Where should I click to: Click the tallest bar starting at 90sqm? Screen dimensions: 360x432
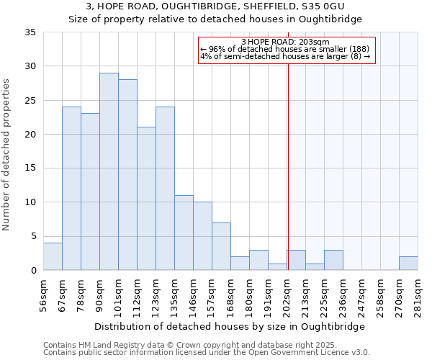109,171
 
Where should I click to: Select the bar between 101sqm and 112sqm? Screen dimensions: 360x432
127,175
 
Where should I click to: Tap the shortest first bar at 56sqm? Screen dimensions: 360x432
53,256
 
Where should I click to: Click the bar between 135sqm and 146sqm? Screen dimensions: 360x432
184,233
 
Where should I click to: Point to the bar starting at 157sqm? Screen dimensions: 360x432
221,246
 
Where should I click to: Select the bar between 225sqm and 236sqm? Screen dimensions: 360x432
333,260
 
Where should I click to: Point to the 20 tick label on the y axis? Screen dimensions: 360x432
30,135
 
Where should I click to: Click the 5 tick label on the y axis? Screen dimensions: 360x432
33,236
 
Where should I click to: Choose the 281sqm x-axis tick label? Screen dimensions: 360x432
418,297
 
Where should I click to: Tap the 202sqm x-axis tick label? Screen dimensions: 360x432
287,297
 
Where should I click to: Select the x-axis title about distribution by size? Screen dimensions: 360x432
230,326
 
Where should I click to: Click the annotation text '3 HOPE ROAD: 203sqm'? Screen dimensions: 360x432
287,42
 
